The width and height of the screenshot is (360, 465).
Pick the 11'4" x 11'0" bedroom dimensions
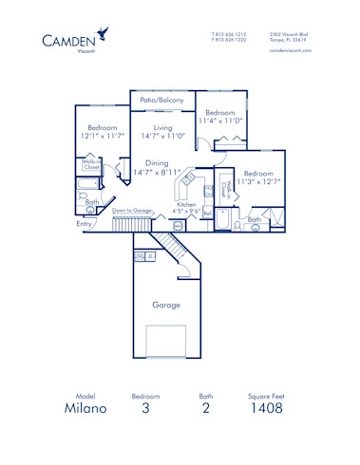pos(220,121)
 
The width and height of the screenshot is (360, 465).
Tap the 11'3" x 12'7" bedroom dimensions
pos(257,182)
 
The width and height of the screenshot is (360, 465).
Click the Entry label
pos(85,224)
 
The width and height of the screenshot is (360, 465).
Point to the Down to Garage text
pos(132,211)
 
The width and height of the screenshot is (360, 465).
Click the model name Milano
pos(86,410)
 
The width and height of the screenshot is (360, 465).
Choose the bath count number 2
pos(206,410)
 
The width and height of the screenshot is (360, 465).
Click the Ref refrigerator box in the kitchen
pos(206,214)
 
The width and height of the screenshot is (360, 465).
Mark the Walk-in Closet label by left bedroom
pos(92,165)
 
